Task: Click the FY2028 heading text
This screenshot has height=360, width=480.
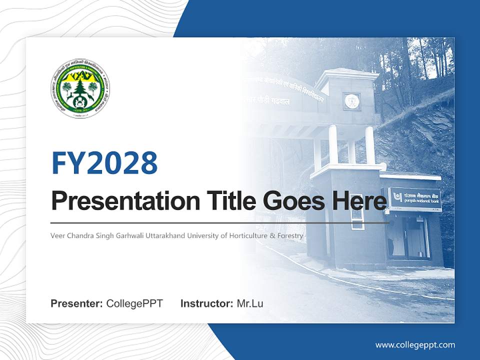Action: (x=104, y=162)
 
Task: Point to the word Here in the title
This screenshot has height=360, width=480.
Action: (x=358, y=201)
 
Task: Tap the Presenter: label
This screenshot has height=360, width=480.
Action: (x=77, y=303)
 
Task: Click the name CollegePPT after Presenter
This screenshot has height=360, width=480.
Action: (x=134, y=303)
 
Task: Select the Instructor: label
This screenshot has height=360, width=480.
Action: (x=206, y=303)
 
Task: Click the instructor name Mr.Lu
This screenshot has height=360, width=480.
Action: (x=250, y=303)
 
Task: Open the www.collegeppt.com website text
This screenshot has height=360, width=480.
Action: (x=415, y=344)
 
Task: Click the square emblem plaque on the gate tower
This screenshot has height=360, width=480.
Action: (x=351, y=101)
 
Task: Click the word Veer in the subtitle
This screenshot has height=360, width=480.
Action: (x=58, y=235)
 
